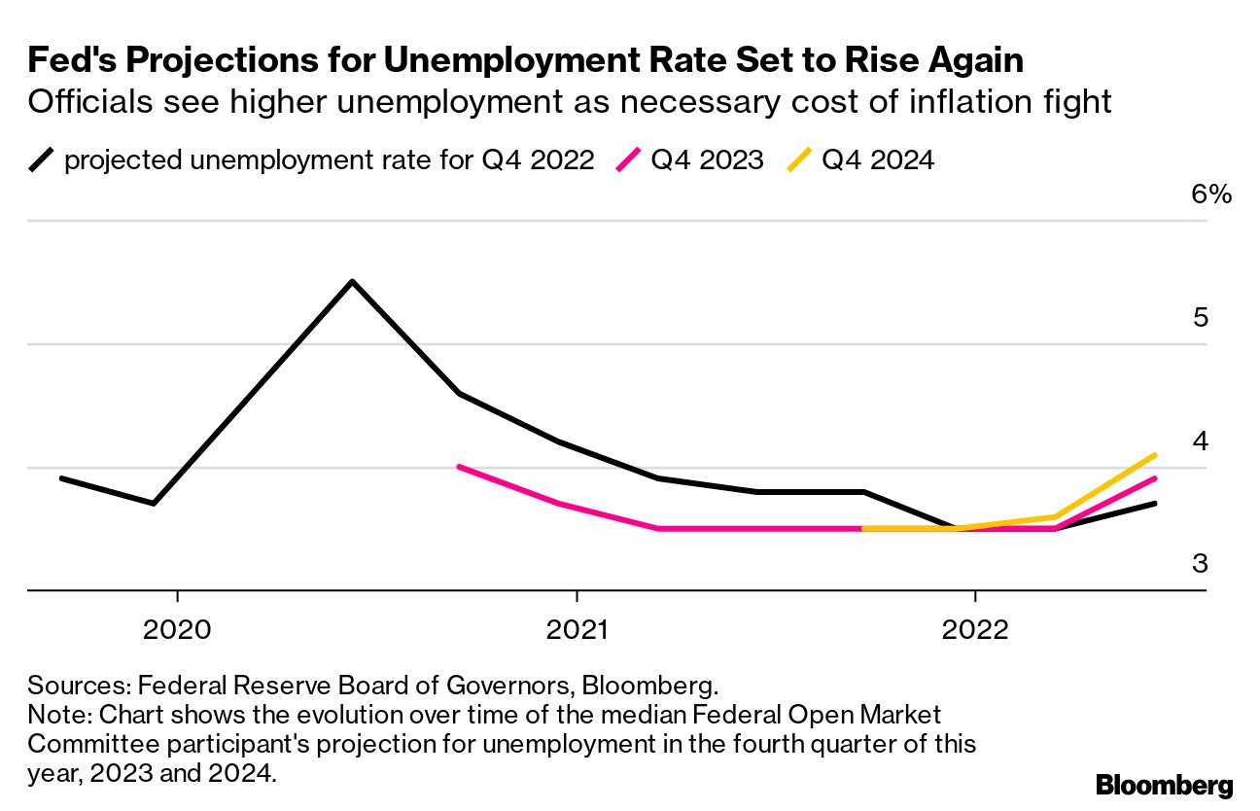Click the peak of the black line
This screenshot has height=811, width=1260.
coord(352,282)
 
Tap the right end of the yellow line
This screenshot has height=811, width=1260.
coord(1154,455)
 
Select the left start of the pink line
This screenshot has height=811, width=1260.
coord(459,467)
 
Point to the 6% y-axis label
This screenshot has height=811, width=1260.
coord(1210,194)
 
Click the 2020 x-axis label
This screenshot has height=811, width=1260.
coord(177,629)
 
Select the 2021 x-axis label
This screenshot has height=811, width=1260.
coord(577,629)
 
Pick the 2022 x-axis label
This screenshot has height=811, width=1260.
coord(975,629)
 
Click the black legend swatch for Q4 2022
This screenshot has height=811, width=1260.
coord(42,159)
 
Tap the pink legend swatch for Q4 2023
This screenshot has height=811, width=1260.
coord(628,159)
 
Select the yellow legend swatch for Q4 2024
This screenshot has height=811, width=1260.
coord(799,159)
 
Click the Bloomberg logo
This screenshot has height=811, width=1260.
coord(1164,786)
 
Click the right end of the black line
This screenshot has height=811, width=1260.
coord(1154,503)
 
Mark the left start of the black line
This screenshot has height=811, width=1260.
coord(61,478)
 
